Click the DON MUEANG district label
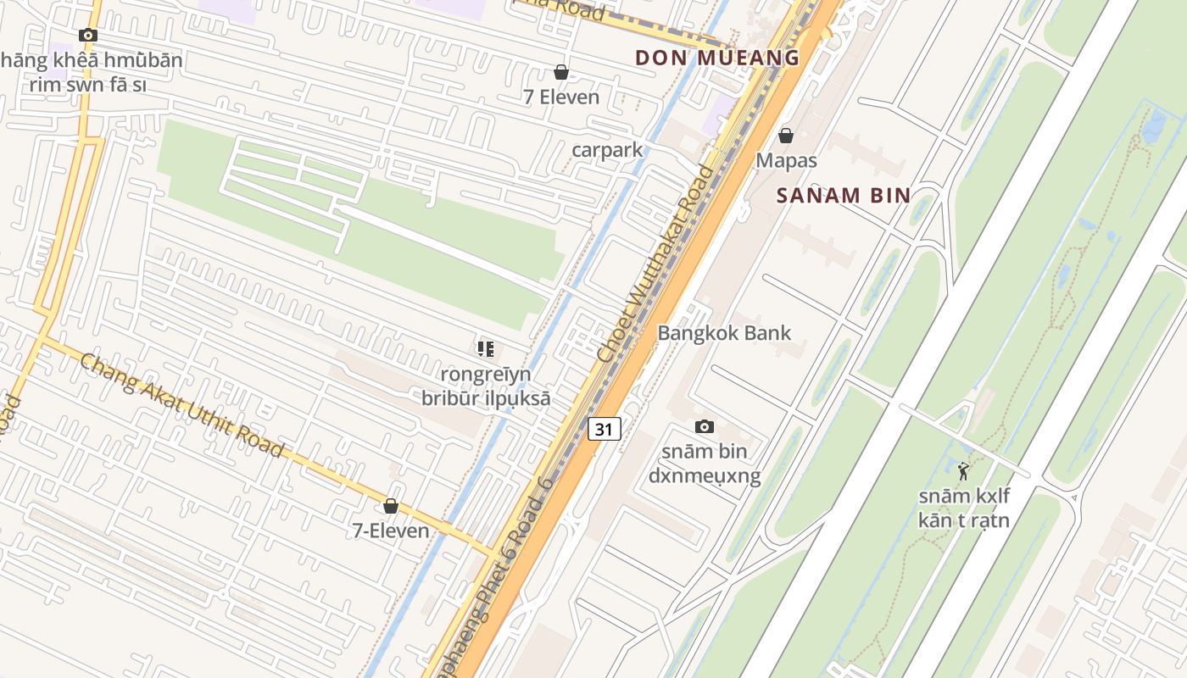pos(717,58)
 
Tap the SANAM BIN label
pos(844,196)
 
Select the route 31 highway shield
pos(604,429)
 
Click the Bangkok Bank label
pos(724,333)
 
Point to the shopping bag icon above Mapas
pos(786,136)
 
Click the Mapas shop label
pos(786,160)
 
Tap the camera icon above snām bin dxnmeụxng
pos(705,426)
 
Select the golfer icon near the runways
pos(963,471)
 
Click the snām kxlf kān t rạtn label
pos(964,508)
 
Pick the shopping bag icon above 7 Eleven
pos(560,73)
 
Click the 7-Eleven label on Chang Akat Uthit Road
pos(391,531)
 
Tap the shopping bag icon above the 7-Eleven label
pos(391,506)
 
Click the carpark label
pos(607,150)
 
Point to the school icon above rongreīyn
pos(486,348)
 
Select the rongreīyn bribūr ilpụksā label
pos(486,386)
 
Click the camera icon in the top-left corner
pos(87,35)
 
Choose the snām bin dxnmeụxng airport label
pos(705,464)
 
